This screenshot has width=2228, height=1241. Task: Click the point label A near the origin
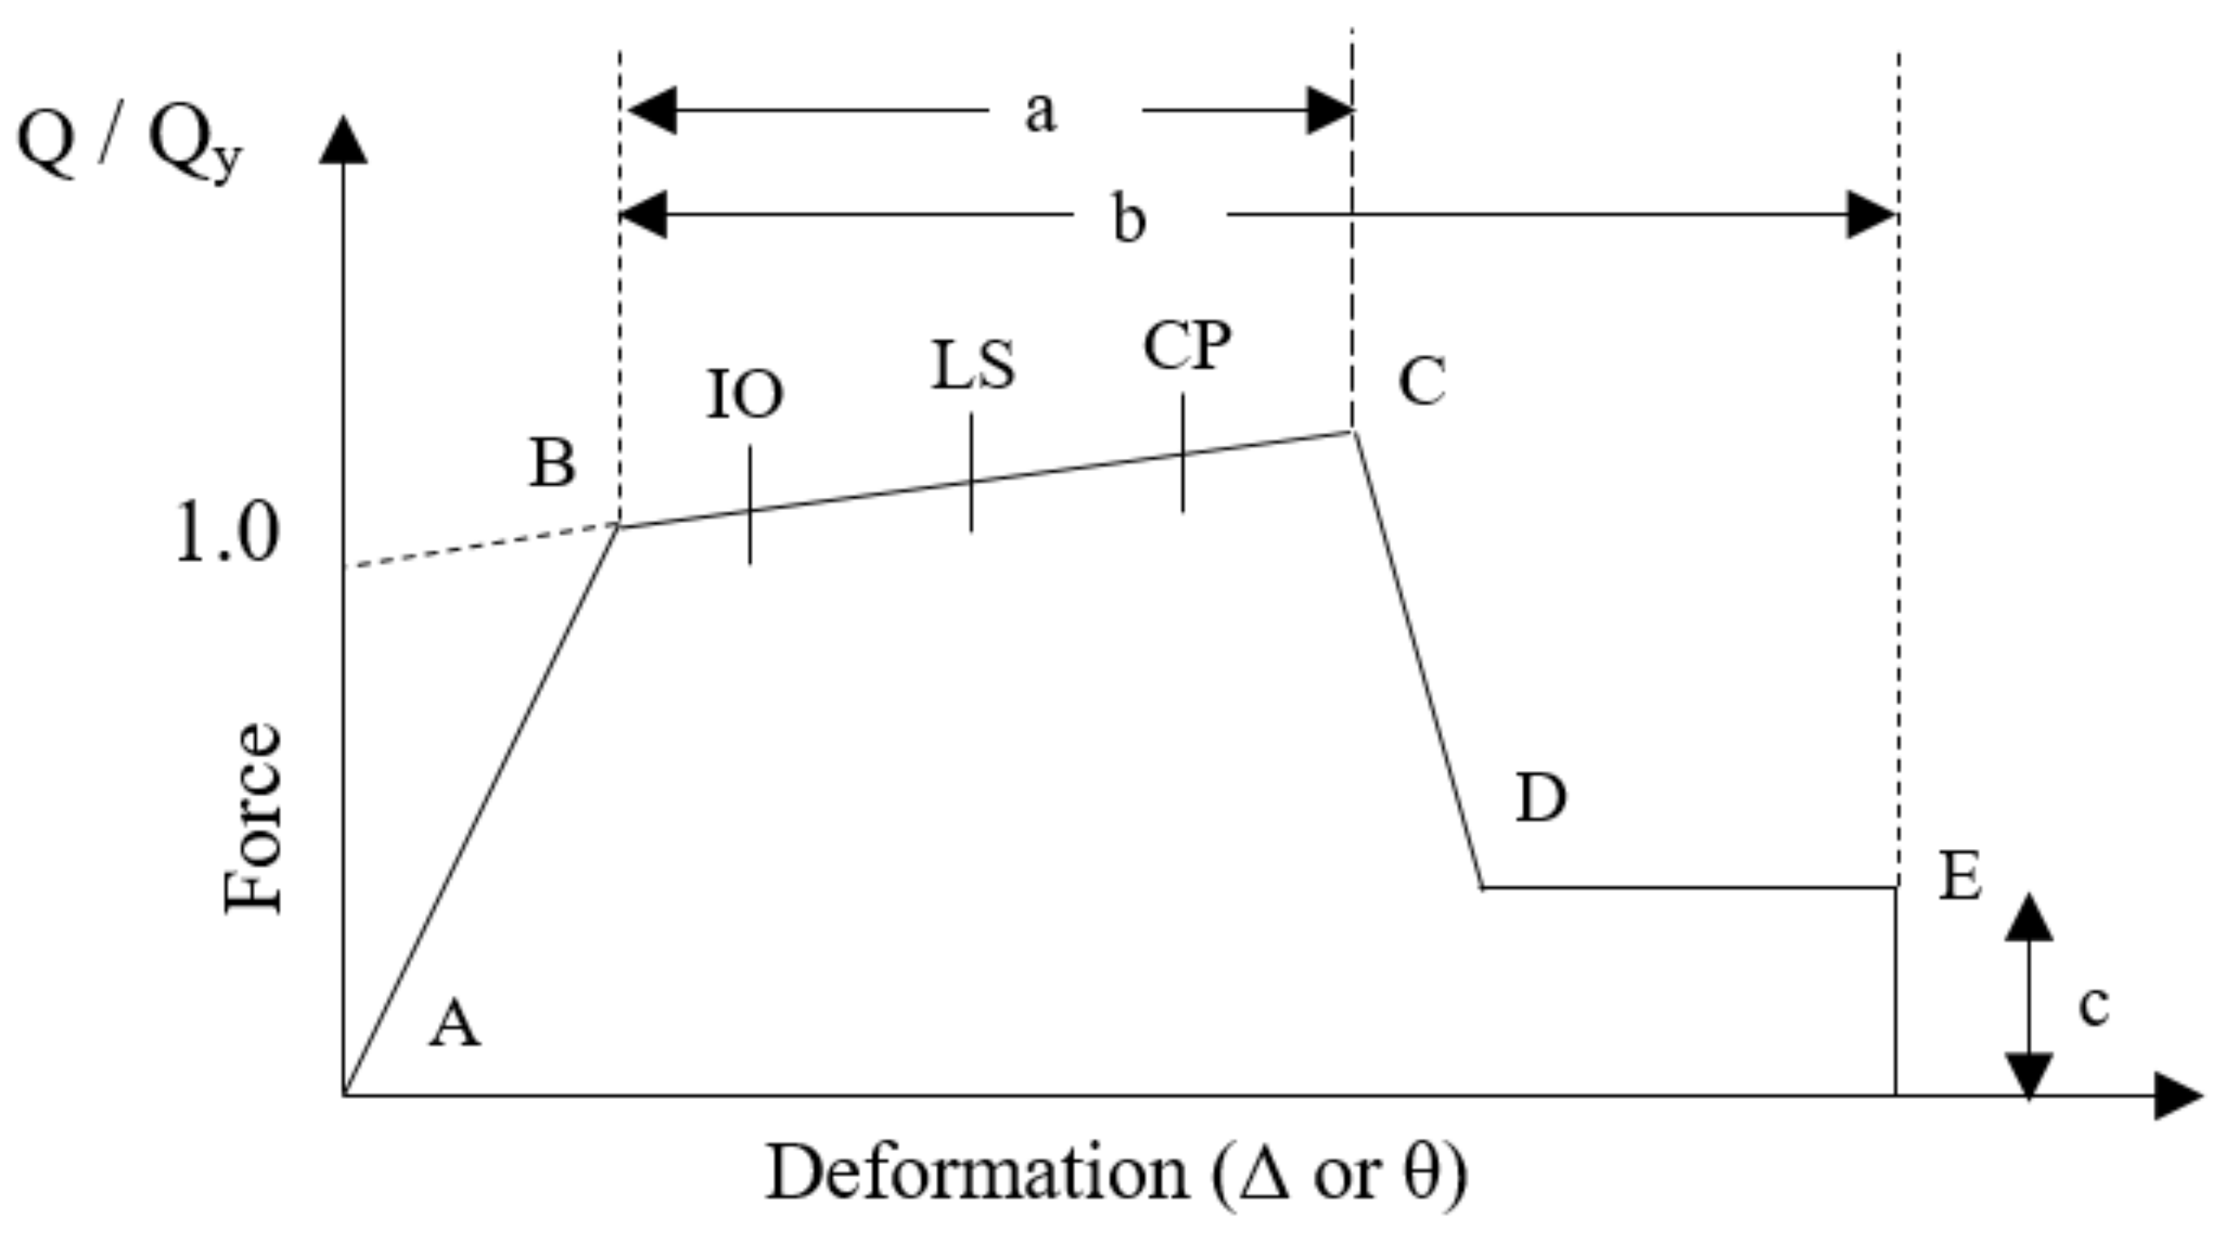click(x=455, y=1023)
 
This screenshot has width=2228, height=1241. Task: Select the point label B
click(x=552, y=462)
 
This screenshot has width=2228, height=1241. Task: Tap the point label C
click(x=1421, y=382)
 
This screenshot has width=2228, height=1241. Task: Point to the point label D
click(x=1541, y=798)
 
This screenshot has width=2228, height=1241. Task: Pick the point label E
click(x=1960, y=877)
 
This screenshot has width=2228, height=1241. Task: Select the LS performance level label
click(x=973, y=365)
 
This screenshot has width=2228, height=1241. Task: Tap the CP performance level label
click(x=1187, y=346)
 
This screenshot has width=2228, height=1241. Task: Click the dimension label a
click(x=1041, y=113)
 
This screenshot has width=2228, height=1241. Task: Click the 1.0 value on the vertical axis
click(x=227, y=533)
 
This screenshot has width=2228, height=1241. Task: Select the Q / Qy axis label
click(x=130, y=143)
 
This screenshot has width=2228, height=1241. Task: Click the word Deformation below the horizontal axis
click(x=977, y=1173)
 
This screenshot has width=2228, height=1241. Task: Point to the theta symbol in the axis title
click(x=1421, y=1172)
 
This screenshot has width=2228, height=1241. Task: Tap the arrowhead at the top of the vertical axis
click(x=344, y=140)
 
